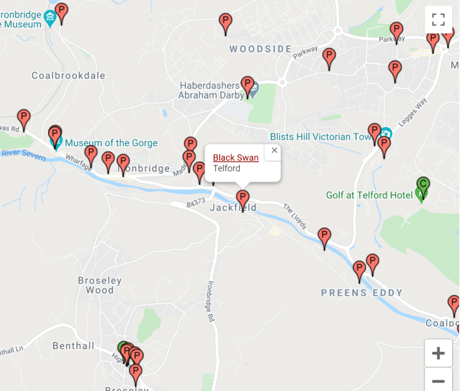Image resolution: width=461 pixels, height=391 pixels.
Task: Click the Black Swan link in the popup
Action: pyautogui.click(x=236, y=158)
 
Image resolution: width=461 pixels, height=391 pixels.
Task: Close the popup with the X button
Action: pyautogui.click(x=274, y=151)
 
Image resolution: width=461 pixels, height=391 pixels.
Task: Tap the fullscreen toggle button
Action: pyautogui.click(x=438, y=20)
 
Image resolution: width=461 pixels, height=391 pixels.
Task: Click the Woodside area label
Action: pyautogui.click(x=260, y=49)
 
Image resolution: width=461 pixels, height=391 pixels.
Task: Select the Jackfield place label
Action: pyautogui.click(x=233, y=208)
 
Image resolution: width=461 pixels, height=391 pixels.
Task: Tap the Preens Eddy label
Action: pyautogui.click(x=361, y=293)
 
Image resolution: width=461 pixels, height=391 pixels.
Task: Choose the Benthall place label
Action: pyautogui.click(x=73, y=345)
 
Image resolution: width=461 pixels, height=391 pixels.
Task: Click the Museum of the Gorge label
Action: pyautogui.click(x=111, y=143)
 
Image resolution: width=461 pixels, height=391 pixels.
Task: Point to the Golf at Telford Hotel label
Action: pyautogui.click(x=365, y=195)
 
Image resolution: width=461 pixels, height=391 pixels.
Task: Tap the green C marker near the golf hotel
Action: pyautogui.click(x=423, y=185)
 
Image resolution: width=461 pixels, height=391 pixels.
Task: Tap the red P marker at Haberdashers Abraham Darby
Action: pyautogui.click(x=248, y=84)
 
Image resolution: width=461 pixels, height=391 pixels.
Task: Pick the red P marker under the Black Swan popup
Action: pyautogui.click(x=242, y=198)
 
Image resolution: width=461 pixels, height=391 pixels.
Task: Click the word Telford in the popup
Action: pyautogui.click(x=227, y=169)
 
